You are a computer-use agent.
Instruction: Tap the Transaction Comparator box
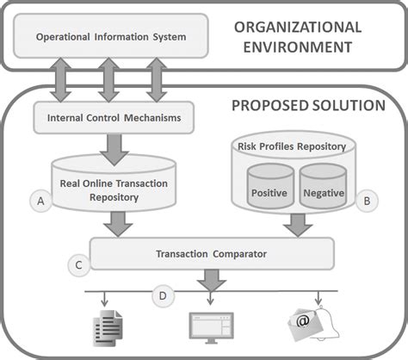(x=211, y=253)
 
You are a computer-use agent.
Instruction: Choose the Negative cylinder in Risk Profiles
(x=325, y=191)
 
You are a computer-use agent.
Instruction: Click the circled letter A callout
(x=39, y=201)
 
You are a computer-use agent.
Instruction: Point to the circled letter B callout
(x=367, y=201)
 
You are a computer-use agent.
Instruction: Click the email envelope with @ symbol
(x=302, y=326)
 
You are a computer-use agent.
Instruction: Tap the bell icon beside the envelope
(x=328, y=320)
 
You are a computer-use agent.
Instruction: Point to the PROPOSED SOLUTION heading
(x=307, y=106)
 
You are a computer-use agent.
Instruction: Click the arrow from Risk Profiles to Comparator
(x=297, y=223)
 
